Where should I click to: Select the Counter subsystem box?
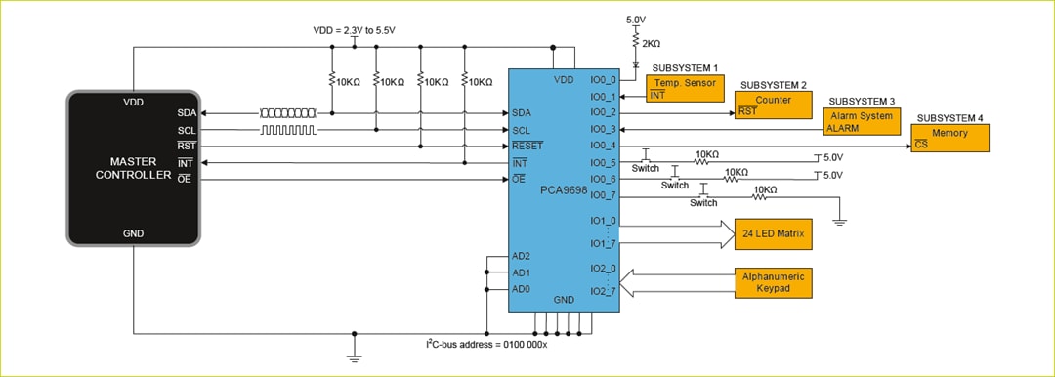773,105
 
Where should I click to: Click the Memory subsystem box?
949,138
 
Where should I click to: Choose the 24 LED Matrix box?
773,234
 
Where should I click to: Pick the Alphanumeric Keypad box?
773,282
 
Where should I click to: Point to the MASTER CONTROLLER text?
133,167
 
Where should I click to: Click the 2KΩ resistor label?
651,44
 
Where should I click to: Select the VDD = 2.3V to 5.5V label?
354,30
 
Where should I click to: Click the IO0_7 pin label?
604,195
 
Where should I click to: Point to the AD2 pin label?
522,256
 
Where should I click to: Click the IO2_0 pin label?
604,268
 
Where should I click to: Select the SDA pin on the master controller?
187,113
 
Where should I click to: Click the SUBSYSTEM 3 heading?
861,101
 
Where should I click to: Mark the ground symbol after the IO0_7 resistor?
839,221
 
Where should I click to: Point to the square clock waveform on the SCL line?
287,129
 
